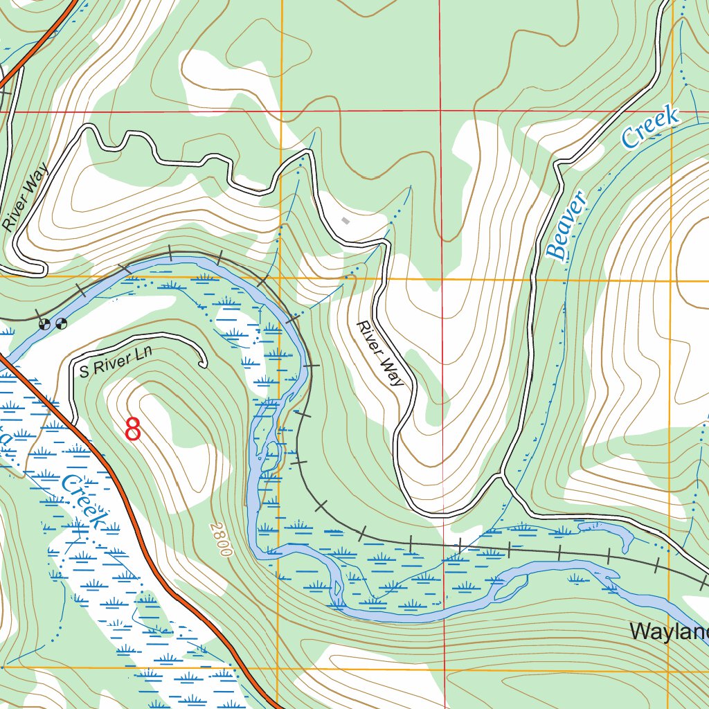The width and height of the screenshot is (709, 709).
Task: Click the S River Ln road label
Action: pyautogui.click(x=115, y=361)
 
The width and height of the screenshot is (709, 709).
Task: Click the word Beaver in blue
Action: pyautogui.click(x=567, y=224)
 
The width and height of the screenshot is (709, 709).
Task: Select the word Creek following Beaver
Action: pyautogui.click(x=650, y=127)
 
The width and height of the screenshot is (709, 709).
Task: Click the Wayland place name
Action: pyautogui.click(x=669, y=631)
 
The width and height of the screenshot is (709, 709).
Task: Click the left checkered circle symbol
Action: pyautogui.click(x=46, y=323)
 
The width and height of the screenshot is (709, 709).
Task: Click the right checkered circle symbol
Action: pyautogui.click(x=62, y=323)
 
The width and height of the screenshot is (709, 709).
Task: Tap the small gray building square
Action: pyautogui.click(x=345, y=221)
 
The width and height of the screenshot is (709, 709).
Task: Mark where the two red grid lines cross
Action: pyautogui.click(x=441, y=111)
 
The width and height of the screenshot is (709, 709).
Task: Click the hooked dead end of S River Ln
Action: pyautogui.click(x=204, y=364)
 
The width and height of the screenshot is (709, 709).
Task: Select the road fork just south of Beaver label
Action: pyautogui.click(x=501, y=478)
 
